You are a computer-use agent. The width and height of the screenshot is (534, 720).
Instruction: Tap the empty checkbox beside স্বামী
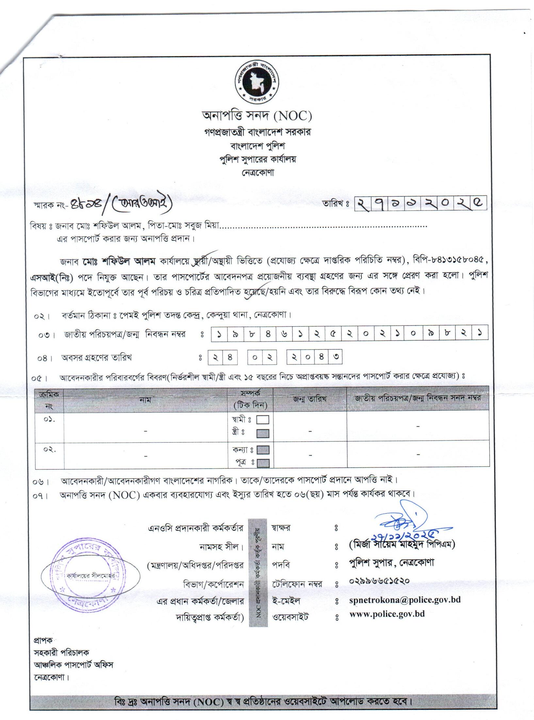click(263, 420)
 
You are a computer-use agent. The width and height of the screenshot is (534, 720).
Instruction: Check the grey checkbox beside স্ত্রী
click(263, 433)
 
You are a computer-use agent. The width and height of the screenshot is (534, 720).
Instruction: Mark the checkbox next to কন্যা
click(263, 450)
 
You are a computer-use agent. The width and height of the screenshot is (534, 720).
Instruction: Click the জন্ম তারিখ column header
click(310, 399)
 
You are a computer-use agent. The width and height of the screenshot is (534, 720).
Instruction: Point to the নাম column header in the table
click(145, 400)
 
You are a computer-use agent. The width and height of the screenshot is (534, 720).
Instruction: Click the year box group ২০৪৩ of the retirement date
click(314, 358)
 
